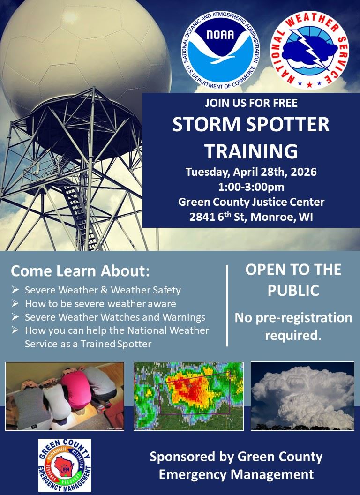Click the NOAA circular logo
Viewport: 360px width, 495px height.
click(220, 51)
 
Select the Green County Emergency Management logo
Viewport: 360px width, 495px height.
click(64, 465)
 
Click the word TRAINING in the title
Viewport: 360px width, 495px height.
click(251, 151)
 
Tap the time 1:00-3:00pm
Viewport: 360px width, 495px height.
click(251, 187)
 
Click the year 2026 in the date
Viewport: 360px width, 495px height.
click(303, 172)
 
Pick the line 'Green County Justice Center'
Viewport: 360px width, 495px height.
click(251, 202)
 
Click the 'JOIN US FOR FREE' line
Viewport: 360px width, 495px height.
click(251, 103)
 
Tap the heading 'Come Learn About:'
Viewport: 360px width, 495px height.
click(80, 271)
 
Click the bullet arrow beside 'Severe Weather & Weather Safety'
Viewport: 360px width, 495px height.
click(15, 290)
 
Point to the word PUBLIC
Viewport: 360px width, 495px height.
click(293, 291)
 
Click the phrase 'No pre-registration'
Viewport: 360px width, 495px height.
click(293, 318)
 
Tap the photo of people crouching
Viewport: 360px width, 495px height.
click(65, 396)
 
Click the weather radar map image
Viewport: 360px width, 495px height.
click(188, 396)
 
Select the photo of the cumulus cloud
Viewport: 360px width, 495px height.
click(302, 396)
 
